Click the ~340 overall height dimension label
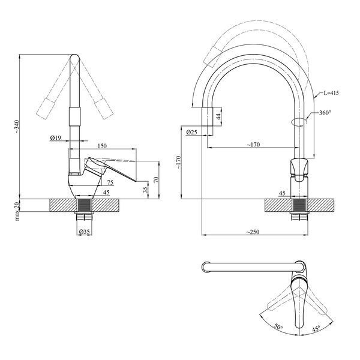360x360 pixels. (x=17, y=127)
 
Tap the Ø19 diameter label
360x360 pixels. (x=55, y=138)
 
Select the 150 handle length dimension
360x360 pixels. (x=102, y=146)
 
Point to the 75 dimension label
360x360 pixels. (x=110, y=182)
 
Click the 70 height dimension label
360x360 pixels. (x=156, y=179)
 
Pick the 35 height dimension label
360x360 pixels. (x=145, y=190)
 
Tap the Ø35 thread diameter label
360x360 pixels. (x=84, y=232)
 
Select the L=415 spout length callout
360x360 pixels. (x=331, y=93)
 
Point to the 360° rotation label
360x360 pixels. (x=325, y=113)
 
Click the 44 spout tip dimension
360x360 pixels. (x=218, y=116)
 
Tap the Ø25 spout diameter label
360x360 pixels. (x=192, y=132)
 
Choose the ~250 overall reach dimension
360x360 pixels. (x=253, y=232)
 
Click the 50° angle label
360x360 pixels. (x=278, y=327)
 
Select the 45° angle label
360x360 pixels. (x=316, y=329)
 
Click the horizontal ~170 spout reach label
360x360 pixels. (x=253, y=145)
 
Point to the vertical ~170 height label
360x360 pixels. (x=179, y=163)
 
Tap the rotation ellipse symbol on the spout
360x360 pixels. (x=299, y=122)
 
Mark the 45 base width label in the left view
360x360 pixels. (x=106, y=193)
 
